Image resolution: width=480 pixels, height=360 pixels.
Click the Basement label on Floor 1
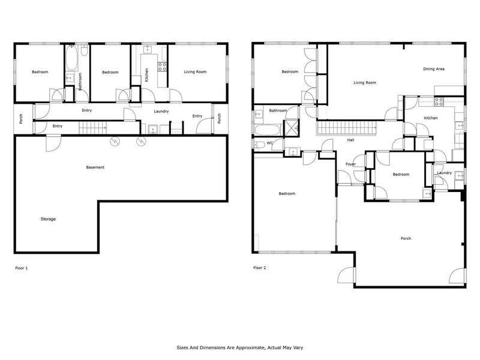95,167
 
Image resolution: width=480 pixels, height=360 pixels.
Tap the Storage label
48,219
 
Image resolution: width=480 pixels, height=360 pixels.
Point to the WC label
269,143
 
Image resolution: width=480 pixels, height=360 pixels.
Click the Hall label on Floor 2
350,140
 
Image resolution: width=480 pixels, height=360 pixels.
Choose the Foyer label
350,164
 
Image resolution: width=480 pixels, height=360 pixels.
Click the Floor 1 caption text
22,268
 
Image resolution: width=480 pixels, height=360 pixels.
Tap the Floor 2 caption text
259,268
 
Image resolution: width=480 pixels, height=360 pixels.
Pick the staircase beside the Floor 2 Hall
346,127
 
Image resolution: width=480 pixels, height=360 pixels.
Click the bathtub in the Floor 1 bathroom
71,60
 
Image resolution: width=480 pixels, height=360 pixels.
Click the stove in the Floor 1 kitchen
161,67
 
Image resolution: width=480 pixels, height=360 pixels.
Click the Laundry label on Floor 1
161,111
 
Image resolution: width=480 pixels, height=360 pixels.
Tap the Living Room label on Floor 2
364,83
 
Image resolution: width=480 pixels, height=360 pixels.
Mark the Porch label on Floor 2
406,238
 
